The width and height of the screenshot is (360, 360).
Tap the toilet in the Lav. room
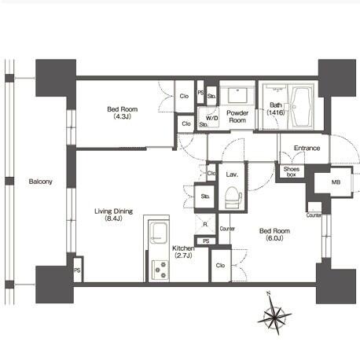point(233,197)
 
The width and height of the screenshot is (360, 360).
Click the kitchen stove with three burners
point(160,270)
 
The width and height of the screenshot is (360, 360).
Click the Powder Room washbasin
point(237,96)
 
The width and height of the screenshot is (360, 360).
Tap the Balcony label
point(41,182)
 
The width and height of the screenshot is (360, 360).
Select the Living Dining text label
point(113,211)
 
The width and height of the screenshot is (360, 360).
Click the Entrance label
point(307,148)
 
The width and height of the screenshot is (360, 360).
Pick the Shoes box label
point(291,171)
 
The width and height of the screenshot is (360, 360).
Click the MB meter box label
point(336,182)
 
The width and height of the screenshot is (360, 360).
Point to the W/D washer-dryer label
point(212,118)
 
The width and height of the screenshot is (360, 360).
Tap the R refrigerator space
point(205,224)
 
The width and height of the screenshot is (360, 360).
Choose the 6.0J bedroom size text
point(274,238)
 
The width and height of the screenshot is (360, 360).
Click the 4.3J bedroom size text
point(123,116)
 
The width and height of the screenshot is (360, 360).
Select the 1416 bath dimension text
point(276,112)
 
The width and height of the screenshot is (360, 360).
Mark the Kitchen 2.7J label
point(183,252)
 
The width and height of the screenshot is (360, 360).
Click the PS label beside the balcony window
point(77,270)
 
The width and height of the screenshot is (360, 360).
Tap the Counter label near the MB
point(314,215)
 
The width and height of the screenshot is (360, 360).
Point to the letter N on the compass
point(268,293)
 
